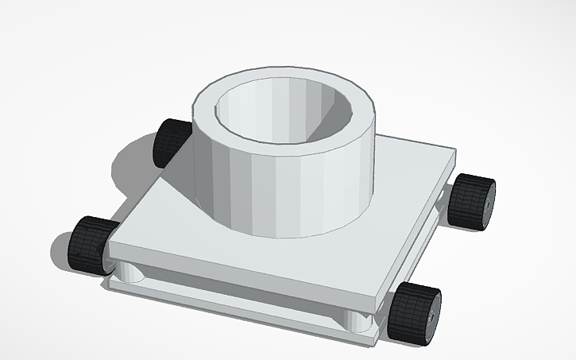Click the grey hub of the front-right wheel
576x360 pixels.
pos(432,315)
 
